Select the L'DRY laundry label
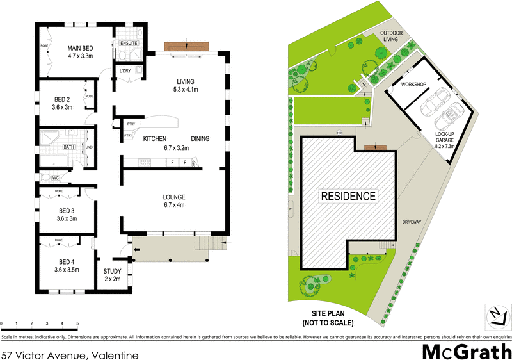[x=125, y=71]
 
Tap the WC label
[x=55, y=177]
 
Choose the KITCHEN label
[x=155, y=139]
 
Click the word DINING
[x=200, y=139]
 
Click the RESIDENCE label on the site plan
[x=348, y=196]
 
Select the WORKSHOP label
[x=413, y=85]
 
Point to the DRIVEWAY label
[x=412, y=222]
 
